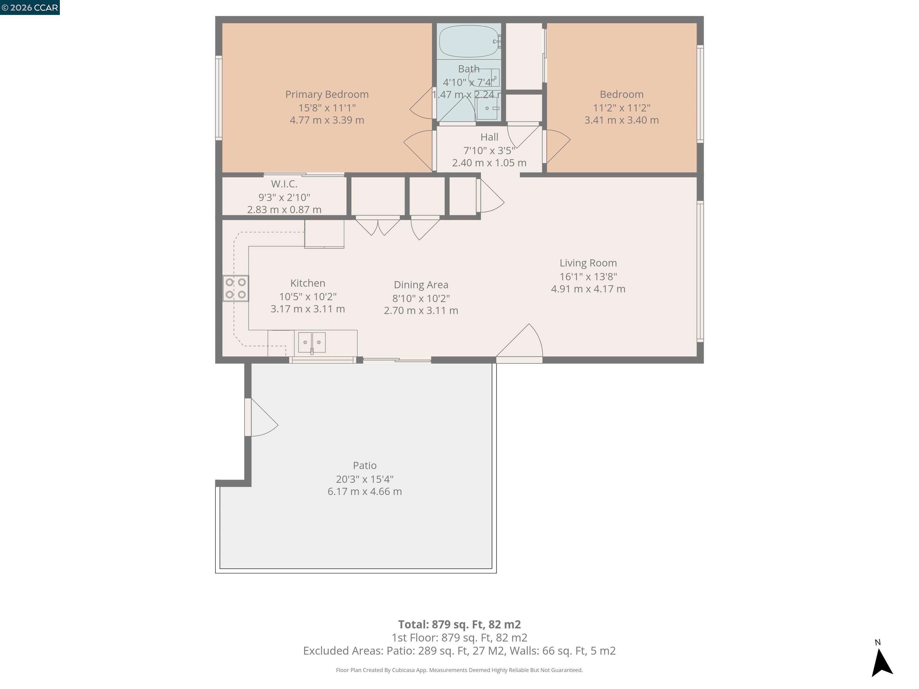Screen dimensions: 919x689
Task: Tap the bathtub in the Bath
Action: [x=469, y=41]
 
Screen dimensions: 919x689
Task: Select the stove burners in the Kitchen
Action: [x=235, y=288]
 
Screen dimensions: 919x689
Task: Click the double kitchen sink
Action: [x=312, y=342]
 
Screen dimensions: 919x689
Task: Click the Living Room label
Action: [x=588, y=263]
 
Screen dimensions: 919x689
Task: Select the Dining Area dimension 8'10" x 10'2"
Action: [x=421, y=298]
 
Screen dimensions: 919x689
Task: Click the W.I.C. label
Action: [x=284, y=184]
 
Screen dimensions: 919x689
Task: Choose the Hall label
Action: [x=489, y=137]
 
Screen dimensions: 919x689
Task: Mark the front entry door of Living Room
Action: [x=519, y=343]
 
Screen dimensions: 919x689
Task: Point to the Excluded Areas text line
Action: [x=459, y=650]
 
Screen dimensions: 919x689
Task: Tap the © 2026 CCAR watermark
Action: [x=30, y=7]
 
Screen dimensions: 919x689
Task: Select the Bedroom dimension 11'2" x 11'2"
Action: [x=622, y=108]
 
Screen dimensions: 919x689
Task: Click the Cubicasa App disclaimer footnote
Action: [x=459, y=670]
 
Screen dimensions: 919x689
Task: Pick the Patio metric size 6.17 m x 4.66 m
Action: [x=364, y=491]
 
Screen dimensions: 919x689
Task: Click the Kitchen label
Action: [x=308, y=283]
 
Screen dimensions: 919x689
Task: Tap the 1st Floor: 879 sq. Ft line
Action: [x=459, y=638]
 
